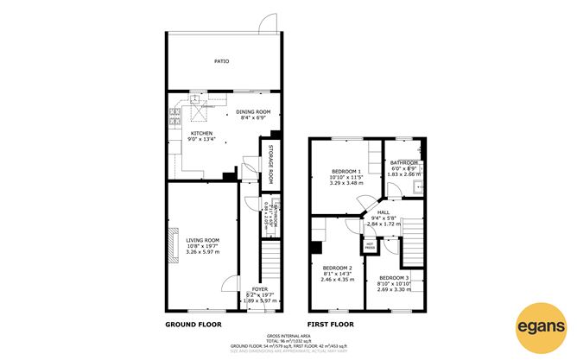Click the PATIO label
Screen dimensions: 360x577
coord(222,62)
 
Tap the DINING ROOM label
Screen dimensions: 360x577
coord(254,111)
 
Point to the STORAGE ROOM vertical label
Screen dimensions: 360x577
coord(270,163)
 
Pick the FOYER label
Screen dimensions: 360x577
coord(260,288)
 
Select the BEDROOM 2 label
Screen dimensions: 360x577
coord(337,268)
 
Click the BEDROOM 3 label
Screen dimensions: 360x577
coord(394,277)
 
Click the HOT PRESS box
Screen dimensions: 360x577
coord(371,246)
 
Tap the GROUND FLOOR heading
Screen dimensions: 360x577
coord(193,325)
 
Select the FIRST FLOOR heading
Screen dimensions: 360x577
coord(332,325)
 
